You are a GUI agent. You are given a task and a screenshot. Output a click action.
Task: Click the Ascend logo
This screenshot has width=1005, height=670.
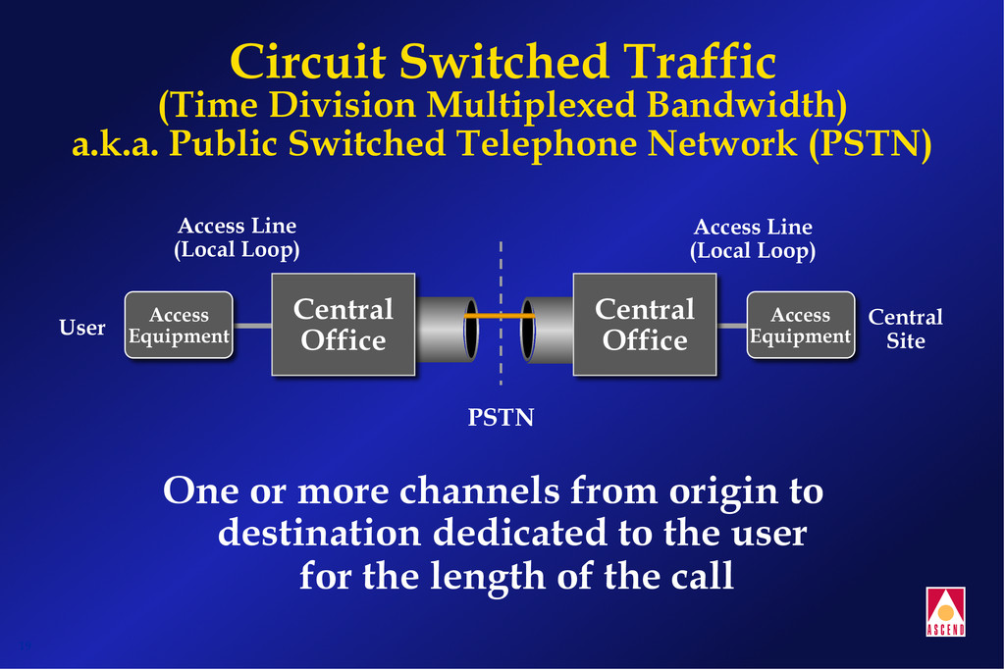tap(945, 610)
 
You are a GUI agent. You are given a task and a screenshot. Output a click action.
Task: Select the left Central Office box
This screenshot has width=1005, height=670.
tap(343, 325)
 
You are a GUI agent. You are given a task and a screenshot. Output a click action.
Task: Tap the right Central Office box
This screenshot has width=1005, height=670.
tap(644, 325)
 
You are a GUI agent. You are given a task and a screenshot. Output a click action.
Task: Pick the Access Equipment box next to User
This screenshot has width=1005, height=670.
tap(179, 326)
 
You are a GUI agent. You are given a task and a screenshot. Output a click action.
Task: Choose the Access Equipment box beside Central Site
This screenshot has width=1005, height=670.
tap(800, 326)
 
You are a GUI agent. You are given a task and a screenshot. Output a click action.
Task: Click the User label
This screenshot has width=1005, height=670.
tap(82, 328)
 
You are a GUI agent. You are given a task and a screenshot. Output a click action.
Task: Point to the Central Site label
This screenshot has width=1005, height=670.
tap(905, 329)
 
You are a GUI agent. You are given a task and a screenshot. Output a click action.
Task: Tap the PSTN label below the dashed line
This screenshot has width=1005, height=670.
tap(501, 418)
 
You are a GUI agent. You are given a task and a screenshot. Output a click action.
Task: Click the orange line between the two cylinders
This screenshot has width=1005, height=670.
tap(501, 318)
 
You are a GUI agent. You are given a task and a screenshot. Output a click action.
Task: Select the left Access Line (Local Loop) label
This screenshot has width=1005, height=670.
tap(237, 238)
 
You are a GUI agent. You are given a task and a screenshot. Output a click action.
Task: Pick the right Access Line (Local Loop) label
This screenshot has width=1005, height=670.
tap(753, 238)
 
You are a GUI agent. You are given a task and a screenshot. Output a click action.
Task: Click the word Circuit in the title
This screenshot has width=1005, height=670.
tap(307, 62)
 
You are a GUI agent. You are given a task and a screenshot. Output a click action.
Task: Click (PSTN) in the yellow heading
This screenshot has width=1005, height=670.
tap(870, 144)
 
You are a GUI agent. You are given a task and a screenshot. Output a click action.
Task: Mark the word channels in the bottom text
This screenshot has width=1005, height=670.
tap(489, 490)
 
